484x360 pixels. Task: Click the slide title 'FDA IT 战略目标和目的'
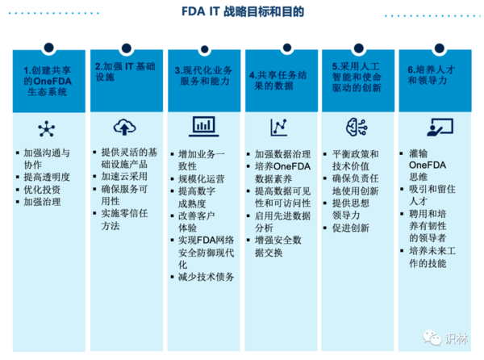[x=241, y=13]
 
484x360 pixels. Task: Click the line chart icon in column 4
[x=279, y=127]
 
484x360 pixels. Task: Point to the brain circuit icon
[x=357, y=127]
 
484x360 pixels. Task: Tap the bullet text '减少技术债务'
[x=207, y=277]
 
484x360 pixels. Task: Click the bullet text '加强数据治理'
[x=282, y=153]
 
